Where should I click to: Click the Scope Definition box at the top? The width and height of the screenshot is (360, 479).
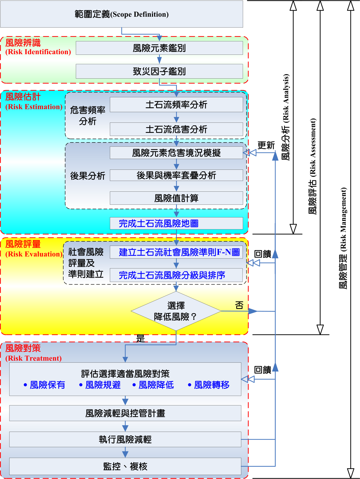click(x=122, y=14)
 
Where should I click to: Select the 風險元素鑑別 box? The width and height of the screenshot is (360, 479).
click(x=159, y=48)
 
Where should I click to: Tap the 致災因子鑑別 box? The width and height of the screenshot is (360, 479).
click(x=159, y=71)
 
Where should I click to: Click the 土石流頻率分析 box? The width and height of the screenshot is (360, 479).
click(x=176, y=104)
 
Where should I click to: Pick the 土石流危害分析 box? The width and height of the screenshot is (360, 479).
click(x=176, y=129)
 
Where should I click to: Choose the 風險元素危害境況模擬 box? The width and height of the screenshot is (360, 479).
click(x=176, y=153)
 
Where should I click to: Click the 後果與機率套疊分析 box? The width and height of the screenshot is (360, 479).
click(x=176, y=175)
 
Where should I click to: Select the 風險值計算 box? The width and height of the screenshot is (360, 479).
click(x=176, y=198)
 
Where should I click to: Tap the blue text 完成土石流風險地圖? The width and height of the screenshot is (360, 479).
click(x=158, y=223)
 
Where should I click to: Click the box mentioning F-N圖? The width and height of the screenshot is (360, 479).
click(x=176, y=252)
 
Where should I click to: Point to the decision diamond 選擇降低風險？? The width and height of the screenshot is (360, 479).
click(x=176, y=311)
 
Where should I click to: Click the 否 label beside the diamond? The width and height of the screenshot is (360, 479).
click(x=239, y=305)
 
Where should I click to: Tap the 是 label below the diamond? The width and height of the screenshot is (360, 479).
click(x=141, y=338)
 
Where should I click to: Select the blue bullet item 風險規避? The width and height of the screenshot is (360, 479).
click(x=100, y=385)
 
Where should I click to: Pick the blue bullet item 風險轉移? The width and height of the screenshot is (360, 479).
click(x=209, y=385)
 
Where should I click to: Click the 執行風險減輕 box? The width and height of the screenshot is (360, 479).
click(x=125, y=439)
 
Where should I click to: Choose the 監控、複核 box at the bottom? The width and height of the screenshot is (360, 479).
click(x=125, y=466)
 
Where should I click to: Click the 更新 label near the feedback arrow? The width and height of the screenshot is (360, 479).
click(x=266, y=145)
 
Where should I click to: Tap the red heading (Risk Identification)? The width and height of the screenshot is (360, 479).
click(x=38, y=52)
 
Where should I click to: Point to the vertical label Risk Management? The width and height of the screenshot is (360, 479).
click(x=344, y=238)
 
